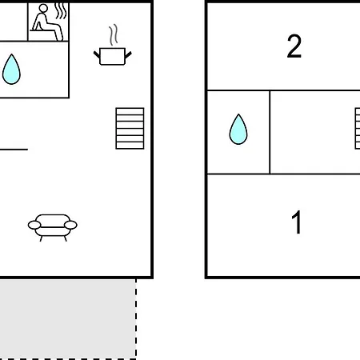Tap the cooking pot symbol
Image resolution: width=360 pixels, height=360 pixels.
click(x=112, y=56)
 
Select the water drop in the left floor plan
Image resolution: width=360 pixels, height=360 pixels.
click(x=11, y=70)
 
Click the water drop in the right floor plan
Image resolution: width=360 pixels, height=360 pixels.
click(x=238, y=130)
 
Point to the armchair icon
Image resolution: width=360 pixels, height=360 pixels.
click(x=53, y=227)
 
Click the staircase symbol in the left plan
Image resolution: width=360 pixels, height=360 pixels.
click(x=130, y=128)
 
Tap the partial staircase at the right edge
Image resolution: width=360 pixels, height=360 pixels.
click(x=358, y=128)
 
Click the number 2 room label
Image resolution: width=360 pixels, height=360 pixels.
click(x=294, y=46)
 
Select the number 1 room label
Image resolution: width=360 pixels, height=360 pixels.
click(x=297, y=222)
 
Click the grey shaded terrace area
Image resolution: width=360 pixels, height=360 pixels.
click(x=68, y=318)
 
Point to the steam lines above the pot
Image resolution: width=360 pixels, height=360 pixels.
click(x=114, y=35)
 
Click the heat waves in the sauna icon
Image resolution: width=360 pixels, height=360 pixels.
click(x=61, y=11)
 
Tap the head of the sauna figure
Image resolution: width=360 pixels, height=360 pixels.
click(x=43, y=8)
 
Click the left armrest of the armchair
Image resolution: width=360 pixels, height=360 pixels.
click(x=34, y=225)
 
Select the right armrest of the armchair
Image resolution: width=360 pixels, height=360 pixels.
click(x=70, y=225)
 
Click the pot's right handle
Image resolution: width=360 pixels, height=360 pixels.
click(x=128, y=55)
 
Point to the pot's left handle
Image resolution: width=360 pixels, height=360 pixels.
click(x=97, y=55)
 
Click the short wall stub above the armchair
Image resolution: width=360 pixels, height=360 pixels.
click(x=14, y=150)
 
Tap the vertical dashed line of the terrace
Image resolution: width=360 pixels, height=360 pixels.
click(x=136, y=318)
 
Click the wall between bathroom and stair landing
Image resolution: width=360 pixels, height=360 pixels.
click(x=270, y=132)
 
